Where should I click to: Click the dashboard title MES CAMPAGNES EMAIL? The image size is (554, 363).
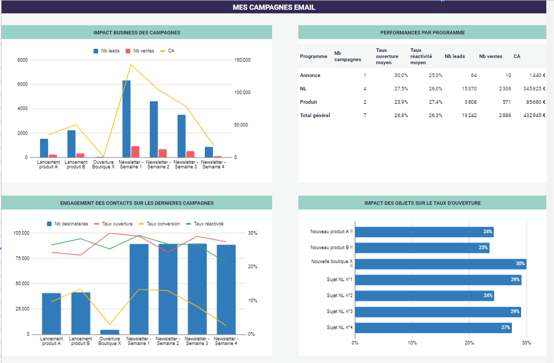[274, 7]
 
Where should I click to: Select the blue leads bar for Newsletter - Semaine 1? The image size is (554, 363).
[126, 119]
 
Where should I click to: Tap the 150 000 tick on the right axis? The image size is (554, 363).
[242, 60]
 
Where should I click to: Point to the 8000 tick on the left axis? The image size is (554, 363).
[23, 60]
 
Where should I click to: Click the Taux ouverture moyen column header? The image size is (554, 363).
[384, 56]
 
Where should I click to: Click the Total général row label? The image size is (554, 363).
[315, 115]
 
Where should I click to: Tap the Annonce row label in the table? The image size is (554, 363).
[310, 75]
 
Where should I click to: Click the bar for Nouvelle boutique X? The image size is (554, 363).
[440, 264]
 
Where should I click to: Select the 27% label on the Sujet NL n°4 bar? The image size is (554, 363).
[505, 328]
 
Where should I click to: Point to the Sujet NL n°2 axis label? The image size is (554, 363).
[339, 295]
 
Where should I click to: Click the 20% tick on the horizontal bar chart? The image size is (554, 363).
[469, 342]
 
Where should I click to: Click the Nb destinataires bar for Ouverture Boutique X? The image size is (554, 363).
[109, 332]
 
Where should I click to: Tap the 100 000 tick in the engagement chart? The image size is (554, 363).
[21, 233]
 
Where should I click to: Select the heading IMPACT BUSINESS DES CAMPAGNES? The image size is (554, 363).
[137, 32]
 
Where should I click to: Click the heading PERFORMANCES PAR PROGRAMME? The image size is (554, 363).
[422, 32]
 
